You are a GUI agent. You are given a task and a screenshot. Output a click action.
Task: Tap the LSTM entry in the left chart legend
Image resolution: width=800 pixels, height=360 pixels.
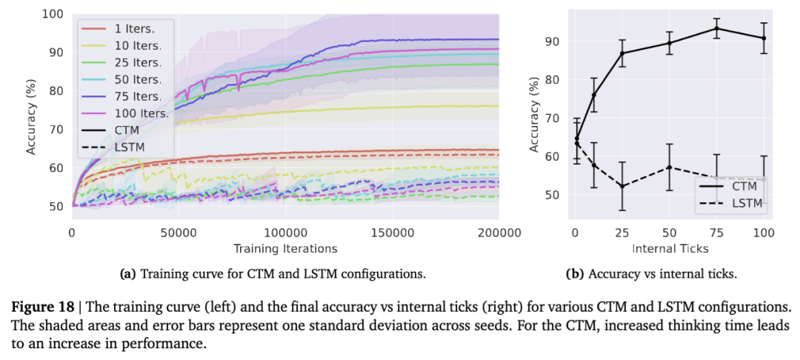coord(130,147)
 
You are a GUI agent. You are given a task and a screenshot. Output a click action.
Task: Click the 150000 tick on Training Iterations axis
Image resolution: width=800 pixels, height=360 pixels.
coord(392,233)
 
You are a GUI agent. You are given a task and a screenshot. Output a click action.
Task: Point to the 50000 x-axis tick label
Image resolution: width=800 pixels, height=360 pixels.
coord(179,233)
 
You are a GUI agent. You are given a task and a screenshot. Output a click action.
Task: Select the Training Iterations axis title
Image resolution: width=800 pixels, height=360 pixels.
coord(285,248)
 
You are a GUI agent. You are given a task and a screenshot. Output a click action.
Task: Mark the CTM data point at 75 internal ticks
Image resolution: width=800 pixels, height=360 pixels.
coord(716,28)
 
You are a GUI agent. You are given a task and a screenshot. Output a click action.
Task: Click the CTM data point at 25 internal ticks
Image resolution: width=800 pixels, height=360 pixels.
coord(621,53)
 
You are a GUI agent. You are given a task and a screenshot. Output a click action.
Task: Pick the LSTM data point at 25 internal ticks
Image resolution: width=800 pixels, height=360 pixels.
coord(621,186)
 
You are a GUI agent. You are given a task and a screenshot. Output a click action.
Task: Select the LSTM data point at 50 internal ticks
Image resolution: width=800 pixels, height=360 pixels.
coord(669,167)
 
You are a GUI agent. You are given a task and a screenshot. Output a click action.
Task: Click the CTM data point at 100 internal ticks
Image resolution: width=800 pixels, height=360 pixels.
coord(764,38)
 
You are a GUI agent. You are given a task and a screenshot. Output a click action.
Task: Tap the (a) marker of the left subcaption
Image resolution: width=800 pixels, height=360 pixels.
coord(127,274)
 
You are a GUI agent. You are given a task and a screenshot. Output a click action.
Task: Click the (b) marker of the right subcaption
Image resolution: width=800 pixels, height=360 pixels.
coord(574,274)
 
